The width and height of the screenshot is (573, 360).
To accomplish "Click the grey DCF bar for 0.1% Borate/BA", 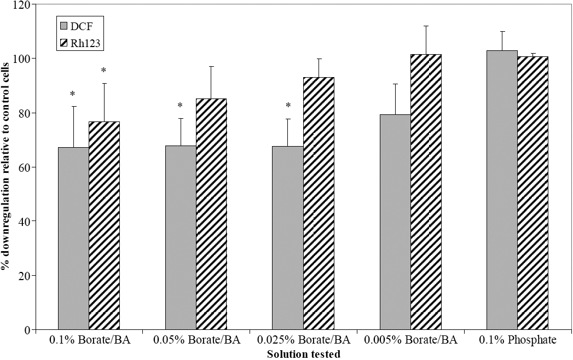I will pyautogui.click(x=73, y=239).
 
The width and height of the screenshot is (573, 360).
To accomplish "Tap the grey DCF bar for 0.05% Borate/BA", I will pyautogui.click(x=181, y=237).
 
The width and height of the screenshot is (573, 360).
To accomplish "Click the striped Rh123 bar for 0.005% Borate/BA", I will pyautogui.click(x=426, y=192).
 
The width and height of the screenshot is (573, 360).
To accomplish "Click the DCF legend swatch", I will pyautogui.click(x=64, y=25).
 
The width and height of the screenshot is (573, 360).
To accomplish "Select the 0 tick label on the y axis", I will pyautogui.click(x=26, y=330).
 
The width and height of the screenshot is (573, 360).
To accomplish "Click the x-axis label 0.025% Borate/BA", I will pyautogui.click(x=303, y=340).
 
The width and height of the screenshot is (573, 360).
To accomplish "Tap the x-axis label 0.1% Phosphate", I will pyautogui.click(x=518, y=340).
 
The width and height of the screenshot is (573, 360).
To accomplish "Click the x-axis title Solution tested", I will pyautogui.click(x=303, y=354).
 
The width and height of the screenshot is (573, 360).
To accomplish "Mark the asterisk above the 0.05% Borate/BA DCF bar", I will pyautogui.click(x=180, y=106).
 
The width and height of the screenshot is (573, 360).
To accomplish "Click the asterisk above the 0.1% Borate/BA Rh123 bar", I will pyautogui.click(x=103, y=71).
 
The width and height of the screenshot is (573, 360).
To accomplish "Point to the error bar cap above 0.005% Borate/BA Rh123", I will pyautogui.click(x=426, y=26).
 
